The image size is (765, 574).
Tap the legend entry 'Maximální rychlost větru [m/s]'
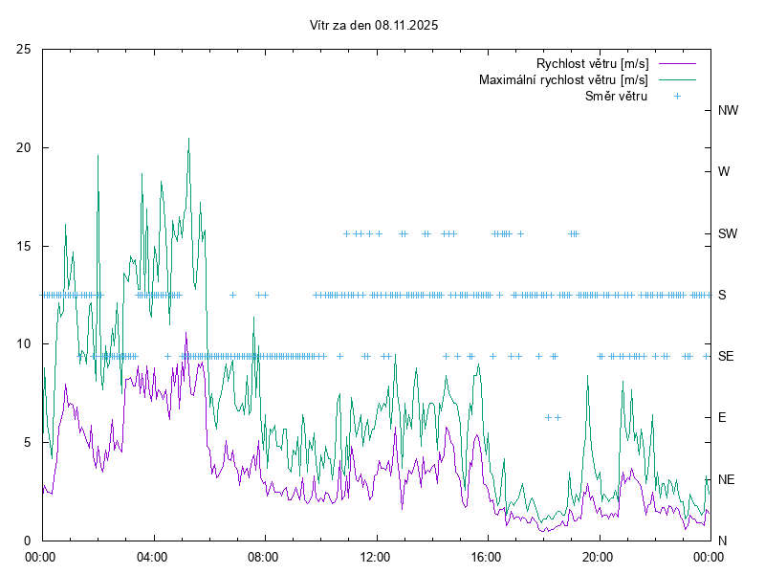coord(563,79)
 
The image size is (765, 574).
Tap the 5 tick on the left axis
coord(28,442)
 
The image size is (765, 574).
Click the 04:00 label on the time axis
coord(152,556)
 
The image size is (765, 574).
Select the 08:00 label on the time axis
coord(263,556)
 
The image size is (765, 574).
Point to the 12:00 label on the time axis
coord(375,556)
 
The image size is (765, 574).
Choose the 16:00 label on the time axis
coord(487,556)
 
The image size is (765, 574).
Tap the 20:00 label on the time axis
coord(598,556)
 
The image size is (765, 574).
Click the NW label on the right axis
coord(728,110)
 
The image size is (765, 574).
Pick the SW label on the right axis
coord(728,233)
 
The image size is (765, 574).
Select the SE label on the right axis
coord(726,356)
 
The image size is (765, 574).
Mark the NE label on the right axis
coord(726,478)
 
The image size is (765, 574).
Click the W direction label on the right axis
coord(724,172)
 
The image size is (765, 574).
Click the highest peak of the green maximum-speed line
coord(188,139)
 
